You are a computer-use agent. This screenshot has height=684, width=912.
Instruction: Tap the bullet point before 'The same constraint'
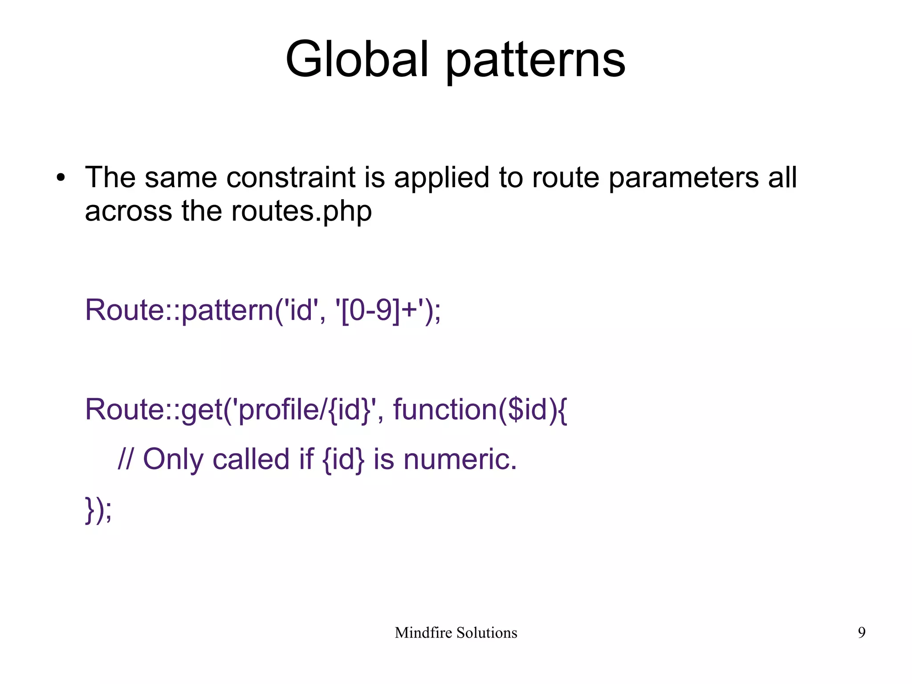(61, 178)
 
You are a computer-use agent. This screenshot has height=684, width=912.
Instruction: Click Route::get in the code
(154, 410)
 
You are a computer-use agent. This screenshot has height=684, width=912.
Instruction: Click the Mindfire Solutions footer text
(456, 633)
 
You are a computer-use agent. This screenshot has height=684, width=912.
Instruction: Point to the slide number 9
(862, 633)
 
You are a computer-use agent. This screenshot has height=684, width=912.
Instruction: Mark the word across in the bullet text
(128, 211)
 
